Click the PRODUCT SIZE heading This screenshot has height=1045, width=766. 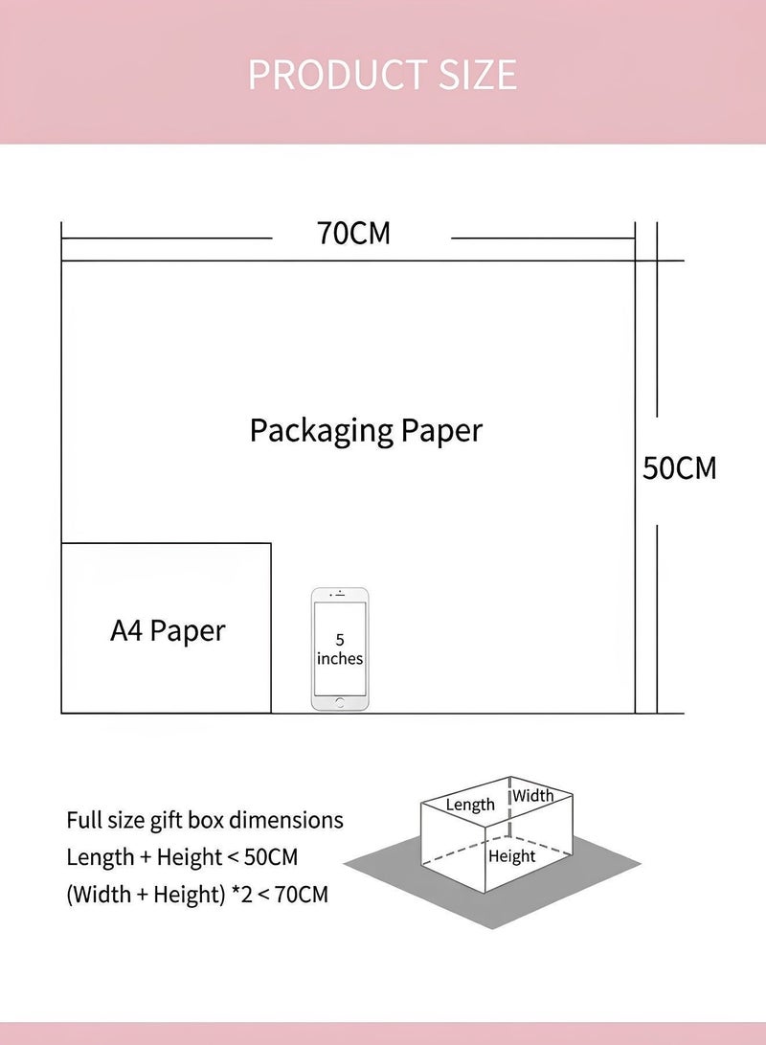tap(382, 74)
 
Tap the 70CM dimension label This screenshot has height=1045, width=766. tap(353, 234)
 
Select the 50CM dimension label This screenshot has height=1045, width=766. tap(680, 467)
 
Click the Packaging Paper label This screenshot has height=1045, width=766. tap(366, 430)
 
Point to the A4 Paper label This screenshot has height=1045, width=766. tap(168, 630)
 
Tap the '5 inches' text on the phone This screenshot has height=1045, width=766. tap(340, 649)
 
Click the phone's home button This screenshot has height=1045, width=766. tap(340, 702)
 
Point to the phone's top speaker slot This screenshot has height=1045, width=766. tap(340, 595)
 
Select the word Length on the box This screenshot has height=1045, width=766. tap(470, 806)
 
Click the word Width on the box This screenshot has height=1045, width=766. tap(533, 795)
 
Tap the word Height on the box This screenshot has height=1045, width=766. tap(511, 856)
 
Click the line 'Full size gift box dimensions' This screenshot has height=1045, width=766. tap(205, 821)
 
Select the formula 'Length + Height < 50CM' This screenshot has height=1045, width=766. tap(182, 857)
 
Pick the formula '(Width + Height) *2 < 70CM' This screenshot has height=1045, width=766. tap(197, 895)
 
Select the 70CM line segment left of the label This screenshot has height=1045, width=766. tap(167, 238)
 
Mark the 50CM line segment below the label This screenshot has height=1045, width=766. tap(657, 619)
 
